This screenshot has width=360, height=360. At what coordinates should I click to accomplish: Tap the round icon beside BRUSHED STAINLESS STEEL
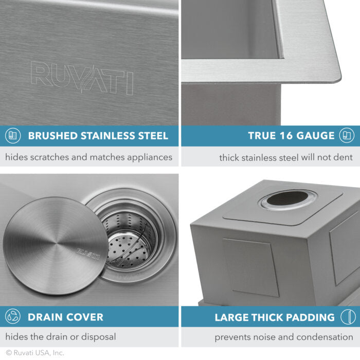coord(13,136)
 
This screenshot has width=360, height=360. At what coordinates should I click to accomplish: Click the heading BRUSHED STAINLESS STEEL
coord(98,136)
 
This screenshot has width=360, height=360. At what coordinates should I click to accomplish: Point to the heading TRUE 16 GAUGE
coord(291,136)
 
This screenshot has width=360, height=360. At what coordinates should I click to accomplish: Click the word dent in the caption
coord(344,157)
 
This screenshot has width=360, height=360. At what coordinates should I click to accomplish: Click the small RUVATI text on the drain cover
coord(88,251)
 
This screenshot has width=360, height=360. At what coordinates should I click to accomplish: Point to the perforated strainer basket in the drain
coord(129,237)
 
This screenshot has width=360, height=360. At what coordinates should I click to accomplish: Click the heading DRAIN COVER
coord(65,317)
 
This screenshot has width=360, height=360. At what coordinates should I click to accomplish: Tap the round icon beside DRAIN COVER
coord(13,317)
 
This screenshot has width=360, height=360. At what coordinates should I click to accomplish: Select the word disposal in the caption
coord(98,337)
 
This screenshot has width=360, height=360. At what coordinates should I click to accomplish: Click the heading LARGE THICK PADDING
coord(275,317)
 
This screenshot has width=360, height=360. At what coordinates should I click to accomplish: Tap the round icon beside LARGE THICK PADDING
coord(348,317)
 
